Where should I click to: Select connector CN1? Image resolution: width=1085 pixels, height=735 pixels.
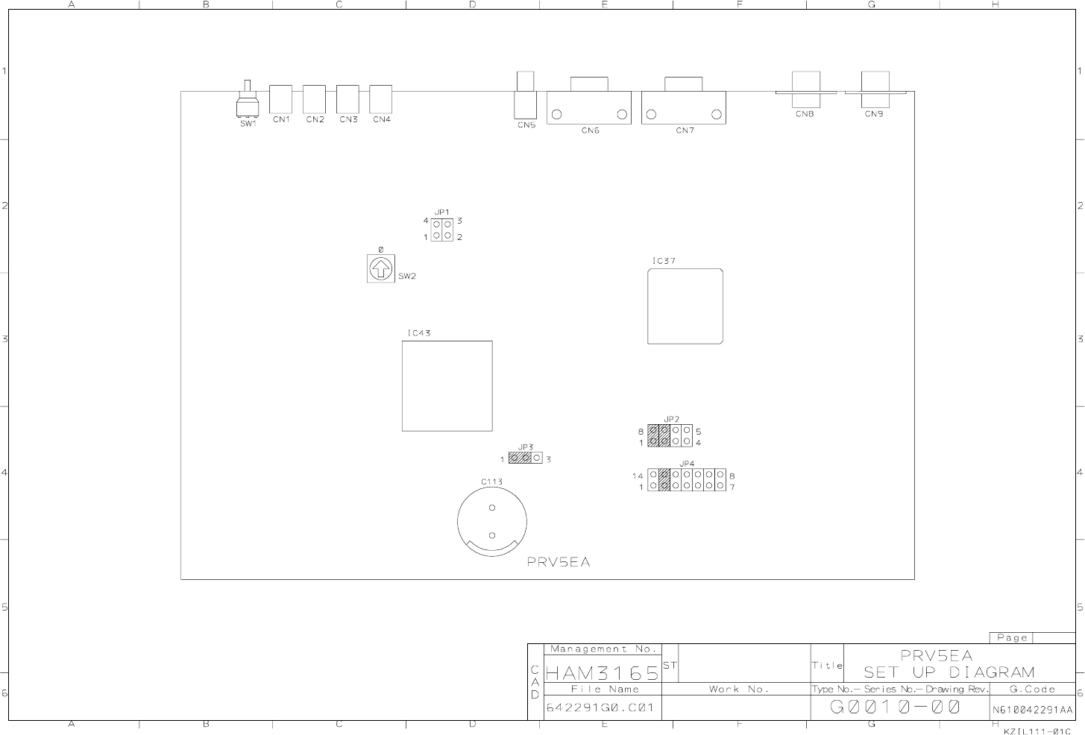click(x=280, y=98)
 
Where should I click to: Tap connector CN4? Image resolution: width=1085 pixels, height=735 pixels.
click(x=381, y=98)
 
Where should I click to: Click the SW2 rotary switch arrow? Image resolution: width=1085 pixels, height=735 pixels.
click(x=380, y=268)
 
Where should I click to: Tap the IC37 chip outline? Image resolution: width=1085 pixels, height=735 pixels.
click(x=685, y=306)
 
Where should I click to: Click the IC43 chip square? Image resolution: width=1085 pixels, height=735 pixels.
click(x=447, y=385)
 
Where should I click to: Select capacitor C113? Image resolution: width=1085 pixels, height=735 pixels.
click(x=491, y=522)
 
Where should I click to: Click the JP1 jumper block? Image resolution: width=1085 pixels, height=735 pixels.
click(x=442, y=230)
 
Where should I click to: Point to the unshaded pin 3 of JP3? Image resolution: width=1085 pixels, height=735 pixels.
click(x=537, y=458)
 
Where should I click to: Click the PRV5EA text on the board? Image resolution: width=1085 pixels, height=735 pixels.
click(x=558, y=562)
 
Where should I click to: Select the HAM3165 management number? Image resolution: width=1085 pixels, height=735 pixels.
click(x=603, y=673)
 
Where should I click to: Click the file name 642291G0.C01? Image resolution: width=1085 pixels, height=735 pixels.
click(x=600, y=707)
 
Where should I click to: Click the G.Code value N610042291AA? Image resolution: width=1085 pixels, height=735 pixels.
click(x=1032, y=710)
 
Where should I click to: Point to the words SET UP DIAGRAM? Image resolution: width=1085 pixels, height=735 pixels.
click(x=949, y=672)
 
